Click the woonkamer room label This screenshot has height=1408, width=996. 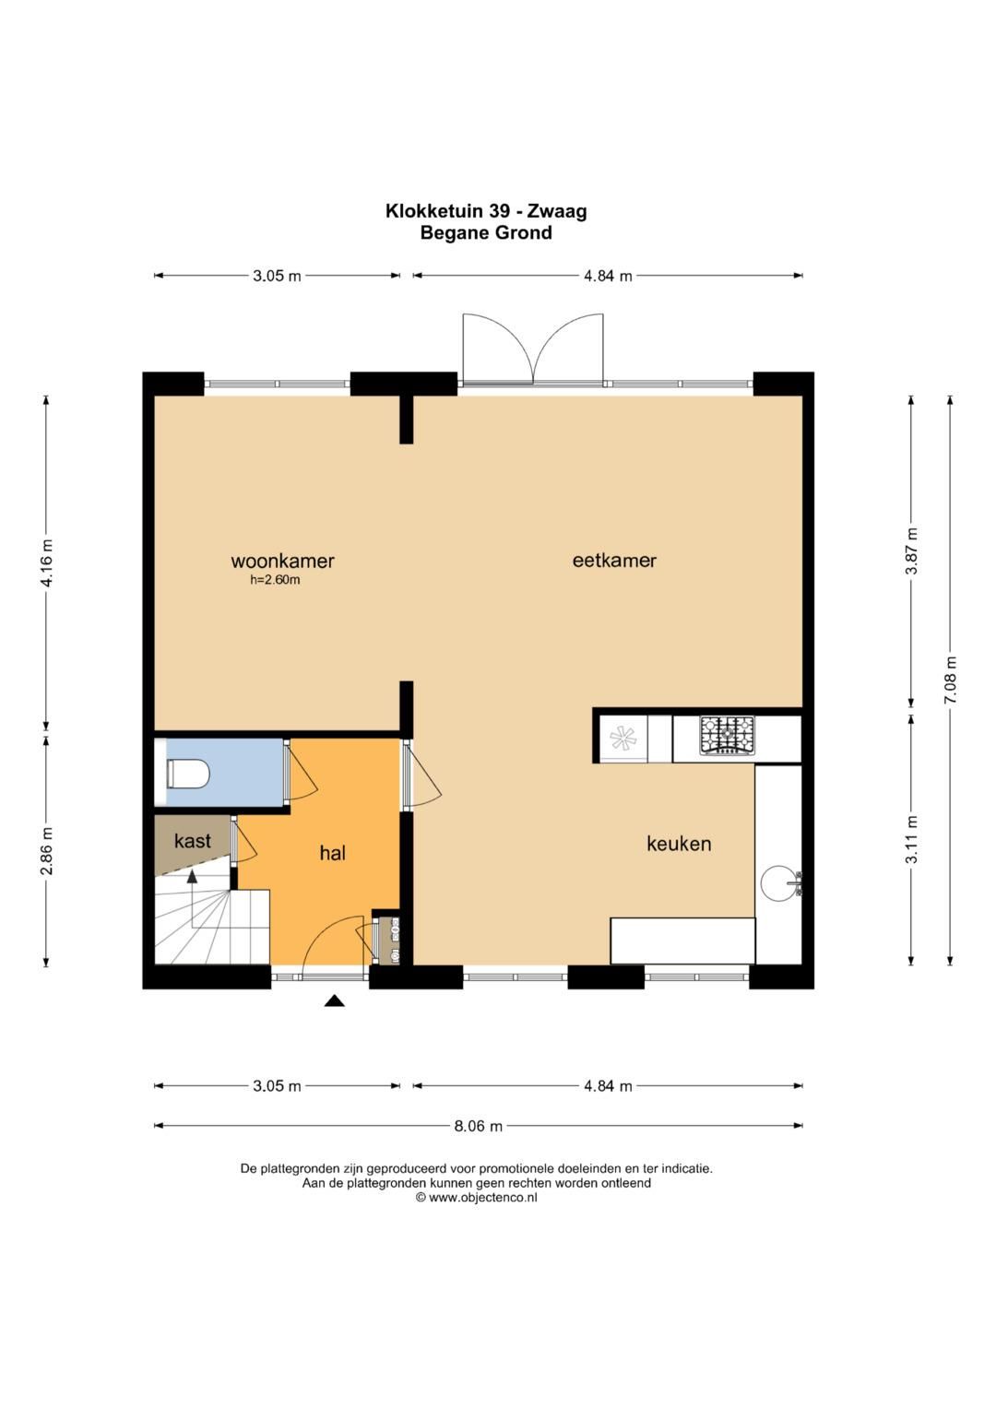[282, 560]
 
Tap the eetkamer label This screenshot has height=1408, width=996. [614, 560]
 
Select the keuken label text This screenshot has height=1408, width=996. [679, 844]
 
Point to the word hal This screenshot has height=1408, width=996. [333, 853]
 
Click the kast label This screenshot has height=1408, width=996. [193, 841]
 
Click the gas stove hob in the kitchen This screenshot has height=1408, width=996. [727, 736]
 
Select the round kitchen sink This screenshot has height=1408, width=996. [778, 882]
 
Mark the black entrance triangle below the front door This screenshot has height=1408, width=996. [335, 1001]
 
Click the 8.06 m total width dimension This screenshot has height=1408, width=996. [479, 1126]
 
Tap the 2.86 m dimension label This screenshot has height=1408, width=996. [47, 851]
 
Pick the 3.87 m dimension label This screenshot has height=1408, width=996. [912, 550]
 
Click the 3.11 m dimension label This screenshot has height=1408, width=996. [912, 840]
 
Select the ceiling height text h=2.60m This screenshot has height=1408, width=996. [275, 580]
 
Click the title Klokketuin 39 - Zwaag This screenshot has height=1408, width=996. [486, 210]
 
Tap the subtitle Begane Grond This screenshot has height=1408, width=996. [486, 232]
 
